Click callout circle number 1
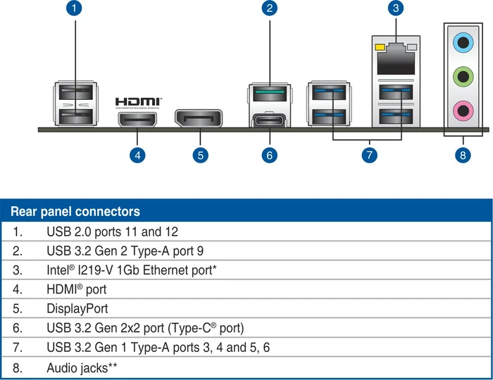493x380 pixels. click(x=74, y=8)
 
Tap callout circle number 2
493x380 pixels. click(x=270, y=8)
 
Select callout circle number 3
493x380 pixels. click(x=396, y=8)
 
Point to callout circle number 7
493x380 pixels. click(x=370, y=155)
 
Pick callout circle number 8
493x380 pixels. click(x=463, y=155)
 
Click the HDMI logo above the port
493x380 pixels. click(x=138, y=103)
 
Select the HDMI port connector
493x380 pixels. click(x=137, y=120)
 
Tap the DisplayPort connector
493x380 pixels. click(x=199, y=118)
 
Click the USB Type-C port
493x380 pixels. click(x=270, y=120)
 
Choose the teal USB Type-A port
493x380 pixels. click(x=270, y=93)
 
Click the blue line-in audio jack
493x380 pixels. click(x=463, y=42)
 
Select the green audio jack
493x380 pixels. click(x=463, y=76)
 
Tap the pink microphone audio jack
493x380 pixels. click(x=463, y=110)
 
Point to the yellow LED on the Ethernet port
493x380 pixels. click(x=380, y=47)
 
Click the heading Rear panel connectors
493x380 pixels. click(x=75, y=211)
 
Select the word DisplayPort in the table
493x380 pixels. click(x=77, y=309)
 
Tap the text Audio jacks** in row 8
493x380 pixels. click(x=82, y=368)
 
